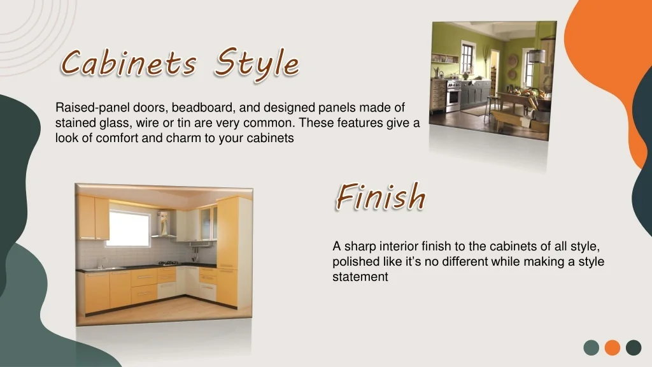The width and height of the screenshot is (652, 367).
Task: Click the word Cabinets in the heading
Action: (129, 63)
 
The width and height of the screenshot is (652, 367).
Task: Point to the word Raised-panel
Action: (92, 107)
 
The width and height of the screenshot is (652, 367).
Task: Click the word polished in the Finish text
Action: (355, 262)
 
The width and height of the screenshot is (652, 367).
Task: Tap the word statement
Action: (360, 277)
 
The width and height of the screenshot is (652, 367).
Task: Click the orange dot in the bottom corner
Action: (612, 347)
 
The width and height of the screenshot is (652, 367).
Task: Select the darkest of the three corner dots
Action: (634, 347)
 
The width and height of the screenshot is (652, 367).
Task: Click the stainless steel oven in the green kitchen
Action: (453, 96)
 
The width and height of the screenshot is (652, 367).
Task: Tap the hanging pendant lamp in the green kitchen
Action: (537, 55)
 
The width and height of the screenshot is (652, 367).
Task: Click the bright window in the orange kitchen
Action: (129, 228)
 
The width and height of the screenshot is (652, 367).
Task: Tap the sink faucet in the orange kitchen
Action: (100, 263)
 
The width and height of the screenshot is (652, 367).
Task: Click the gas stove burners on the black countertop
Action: (168, 263)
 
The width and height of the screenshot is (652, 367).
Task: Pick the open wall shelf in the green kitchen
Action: (444, 58)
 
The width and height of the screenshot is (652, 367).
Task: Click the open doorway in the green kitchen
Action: (494, 72)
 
